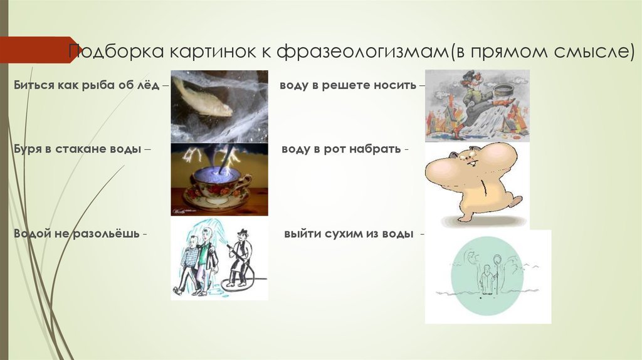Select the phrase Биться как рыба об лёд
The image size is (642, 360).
click(87, 85)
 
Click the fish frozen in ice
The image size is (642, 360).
click(202, 97)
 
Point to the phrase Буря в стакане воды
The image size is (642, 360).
click(77, 149)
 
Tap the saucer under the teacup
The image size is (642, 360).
click(216, 199)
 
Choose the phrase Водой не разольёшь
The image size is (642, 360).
click(76, 234)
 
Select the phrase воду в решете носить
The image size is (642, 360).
click(348, 85)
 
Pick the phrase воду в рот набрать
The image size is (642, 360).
click(341, 149)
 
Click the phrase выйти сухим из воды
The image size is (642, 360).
click(349, 234)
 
